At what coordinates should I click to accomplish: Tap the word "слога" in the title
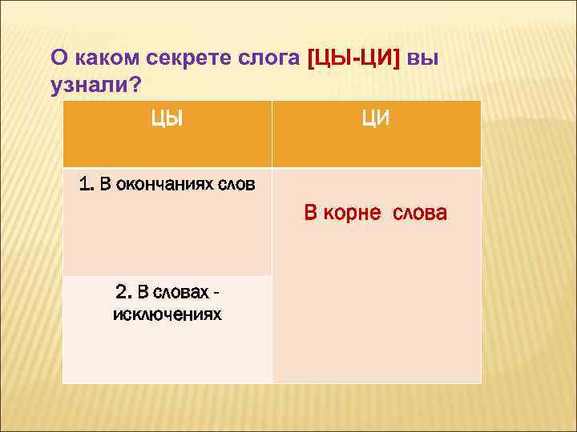tap(266, 59)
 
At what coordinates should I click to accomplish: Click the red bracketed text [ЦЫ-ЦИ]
tap(354, 58)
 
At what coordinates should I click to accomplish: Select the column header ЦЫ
tap(167, 119)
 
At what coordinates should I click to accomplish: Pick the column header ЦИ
tap(376, 119)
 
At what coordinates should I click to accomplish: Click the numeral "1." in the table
tap(87, 185)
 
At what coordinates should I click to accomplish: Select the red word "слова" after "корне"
tap(421, 214)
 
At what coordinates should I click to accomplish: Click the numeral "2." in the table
tap(123, 291)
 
